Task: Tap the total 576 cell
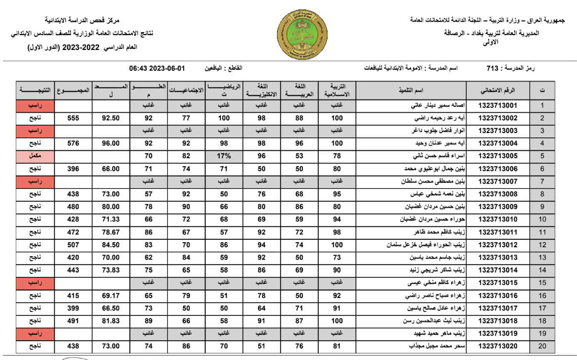click(x=73, y=143)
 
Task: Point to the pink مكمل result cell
click(x=35, y=156)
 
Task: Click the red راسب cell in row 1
click(x=35, y=105)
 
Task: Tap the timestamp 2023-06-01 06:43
click(x=156, y=68)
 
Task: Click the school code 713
click(x=493, y=68)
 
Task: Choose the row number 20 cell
click(x=542, y=346)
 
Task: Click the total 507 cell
click(x=73, y=244)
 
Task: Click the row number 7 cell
click(x=542, y=181)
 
